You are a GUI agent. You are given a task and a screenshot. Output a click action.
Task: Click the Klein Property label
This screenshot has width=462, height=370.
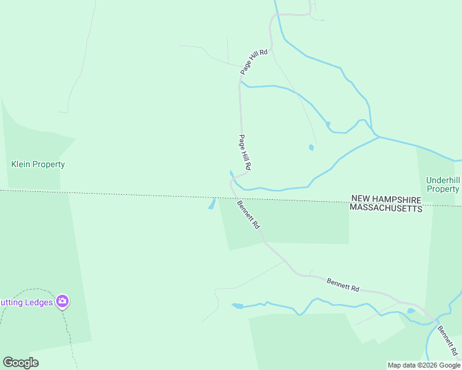click(38, 165)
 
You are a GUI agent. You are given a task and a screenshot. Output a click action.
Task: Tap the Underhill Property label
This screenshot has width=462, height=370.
click(443, 185)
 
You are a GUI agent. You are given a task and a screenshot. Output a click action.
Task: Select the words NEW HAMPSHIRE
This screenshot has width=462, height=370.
click(385, 199)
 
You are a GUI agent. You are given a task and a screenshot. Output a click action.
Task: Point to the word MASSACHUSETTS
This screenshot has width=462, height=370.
click(385, 208)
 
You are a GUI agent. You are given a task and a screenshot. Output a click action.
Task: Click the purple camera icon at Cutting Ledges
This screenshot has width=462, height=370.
click(62, 302)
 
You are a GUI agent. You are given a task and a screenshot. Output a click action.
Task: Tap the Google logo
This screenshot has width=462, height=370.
click(20, 363)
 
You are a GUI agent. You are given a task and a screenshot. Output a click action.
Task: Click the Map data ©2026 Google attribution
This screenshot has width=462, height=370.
click(424, 365)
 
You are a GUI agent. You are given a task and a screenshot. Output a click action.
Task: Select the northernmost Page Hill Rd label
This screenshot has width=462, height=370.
click(254, 62)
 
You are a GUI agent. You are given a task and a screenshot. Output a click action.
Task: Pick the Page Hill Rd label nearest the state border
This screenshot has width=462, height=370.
click(245, 152)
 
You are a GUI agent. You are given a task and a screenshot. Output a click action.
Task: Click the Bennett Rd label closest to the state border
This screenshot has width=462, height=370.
click(248, 215)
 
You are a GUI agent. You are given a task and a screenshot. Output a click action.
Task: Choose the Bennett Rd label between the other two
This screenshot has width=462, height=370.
click(343, 284)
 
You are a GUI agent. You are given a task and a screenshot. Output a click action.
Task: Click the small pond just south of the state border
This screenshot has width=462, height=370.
click(212, 203)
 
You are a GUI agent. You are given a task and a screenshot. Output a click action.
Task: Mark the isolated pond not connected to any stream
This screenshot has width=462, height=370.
click(311, 147)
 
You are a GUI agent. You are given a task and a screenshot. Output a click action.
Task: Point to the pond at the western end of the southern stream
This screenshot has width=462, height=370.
click(237, 305)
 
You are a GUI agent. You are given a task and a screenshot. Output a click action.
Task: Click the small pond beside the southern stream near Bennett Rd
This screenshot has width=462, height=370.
click(411, 310)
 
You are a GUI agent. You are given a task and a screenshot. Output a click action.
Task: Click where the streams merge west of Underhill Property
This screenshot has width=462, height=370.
click(376, 136)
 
